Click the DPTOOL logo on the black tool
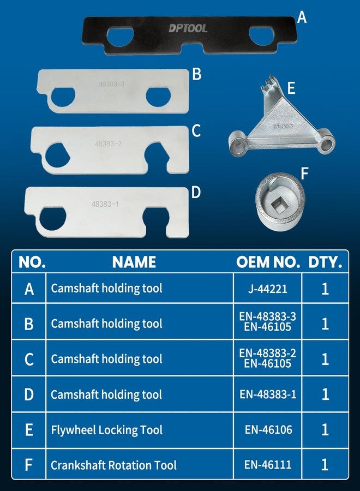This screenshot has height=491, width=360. point(187,28)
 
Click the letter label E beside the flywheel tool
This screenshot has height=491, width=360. point(291,88)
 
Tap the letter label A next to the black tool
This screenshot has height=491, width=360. point(302,18)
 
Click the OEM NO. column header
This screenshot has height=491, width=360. point(268,262)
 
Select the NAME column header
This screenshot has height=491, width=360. point(134,262)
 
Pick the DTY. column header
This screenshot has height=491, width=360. point(325,262)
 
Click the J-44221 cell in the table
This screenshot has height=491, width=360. point(268,288)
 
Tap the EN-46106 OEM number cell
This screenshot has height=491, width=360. point(268,430)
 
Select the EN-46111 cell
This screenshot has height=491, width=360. point(268,465)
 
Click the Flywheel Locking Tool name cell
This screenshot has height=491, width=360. point(107,430)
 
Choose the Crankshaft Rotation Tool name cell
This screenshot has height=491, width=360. point(114,465)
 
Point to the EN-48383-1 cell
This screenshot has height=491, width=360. point(268,394)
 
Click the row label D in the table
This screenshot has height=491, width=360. point(29,394)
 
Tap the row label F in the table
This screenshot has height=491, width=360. point(29,465)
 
